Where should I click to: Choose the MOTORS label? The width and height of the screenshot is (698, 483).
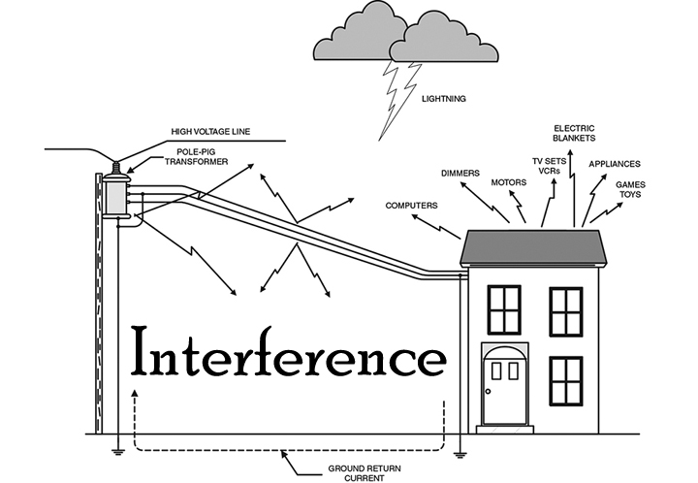point(509,181)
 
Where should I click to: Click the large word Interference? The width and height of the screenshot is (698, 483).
point(288,355)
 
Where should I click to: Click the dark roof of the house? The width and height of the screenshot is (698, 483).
point(533,247)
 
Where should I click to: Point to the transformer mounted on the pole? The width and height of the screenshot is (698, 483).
point(116,195)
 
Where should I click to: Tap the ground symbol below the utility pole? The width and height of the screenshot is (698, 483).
point(117,448)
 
